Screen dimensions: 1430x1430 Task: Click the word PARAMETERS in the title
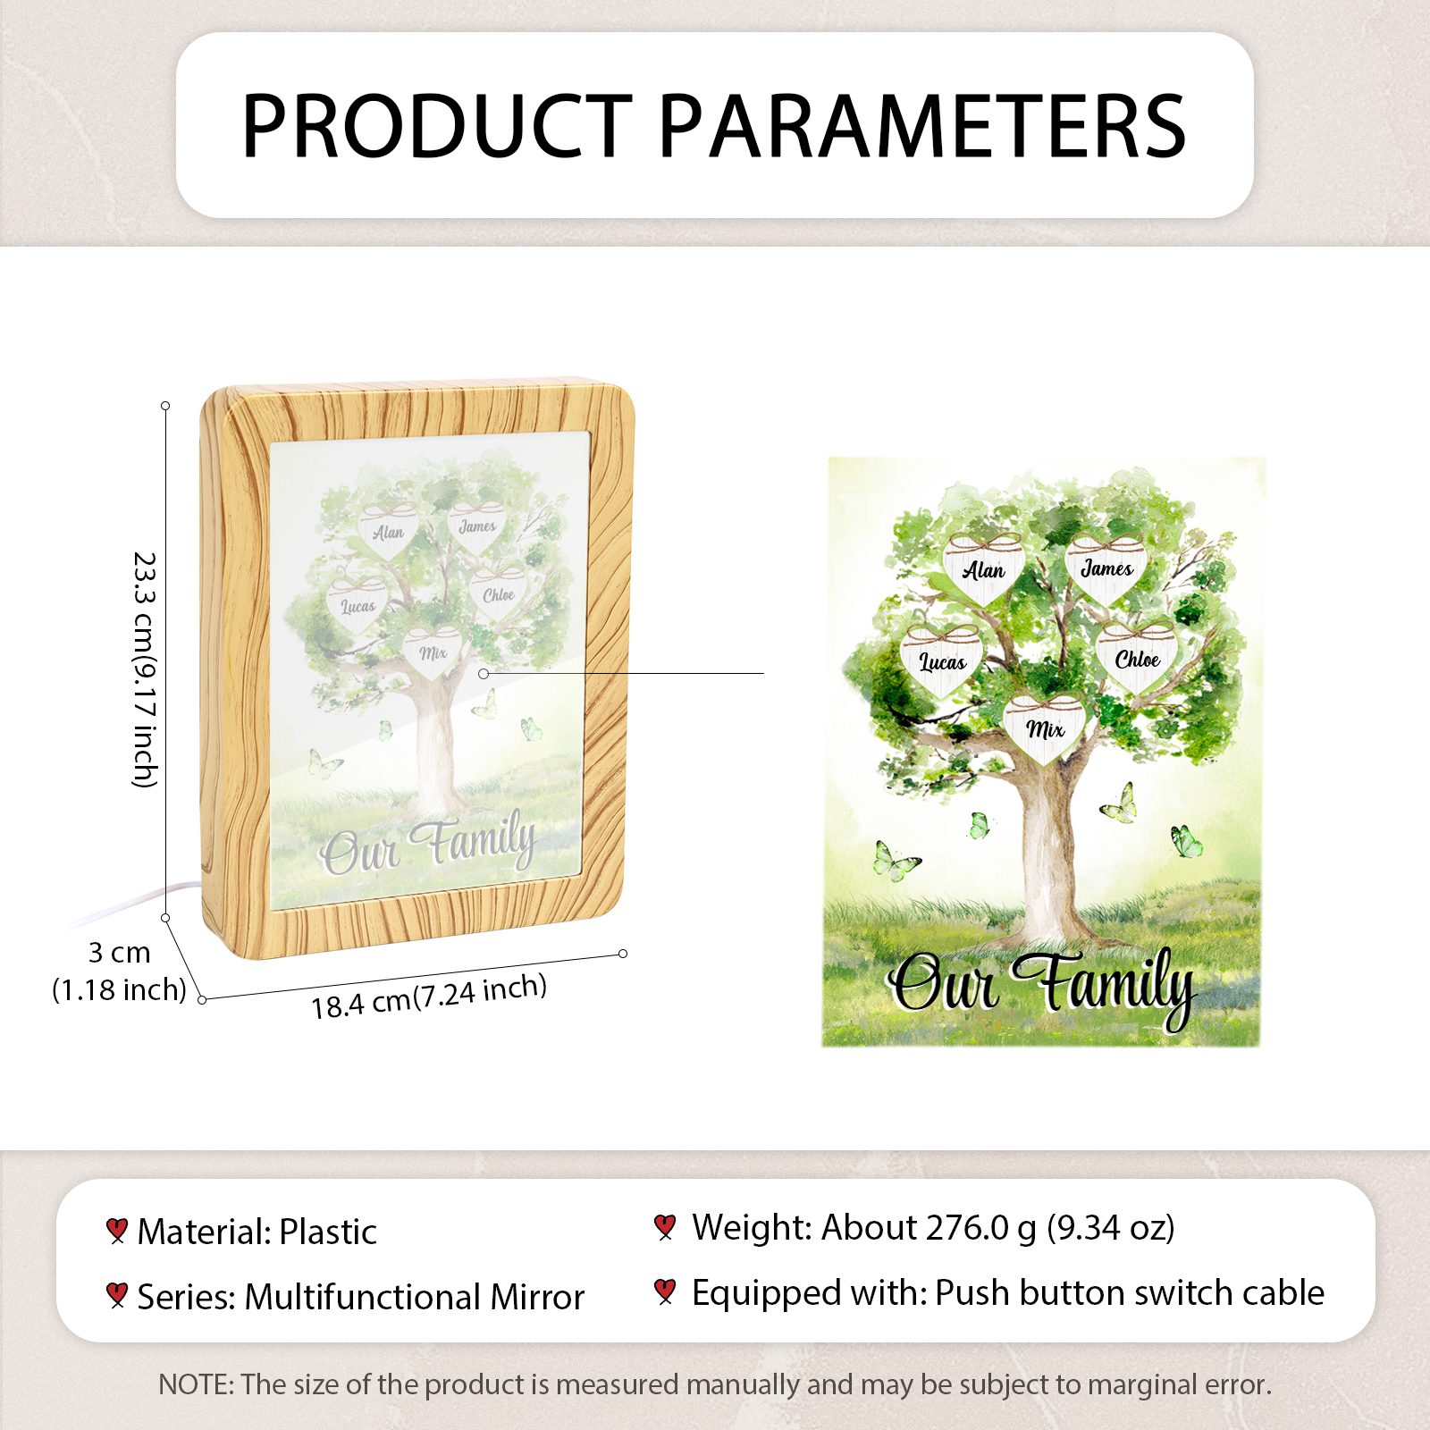point(922,126)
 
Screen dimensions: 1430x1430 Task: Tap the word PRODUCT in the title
point(438,126)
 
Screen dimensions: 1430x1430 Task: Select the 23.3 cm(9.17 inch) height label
point(144,669)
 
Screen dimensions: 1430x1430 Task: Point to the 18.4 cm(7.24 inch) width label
point(429,997)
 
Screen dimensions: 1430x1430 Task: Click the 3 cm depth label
point(119,953)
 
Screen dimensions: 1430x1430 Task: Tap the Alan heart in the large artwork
point(983,568)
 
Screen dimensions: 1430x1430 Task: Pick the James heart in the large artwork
point(1106,567)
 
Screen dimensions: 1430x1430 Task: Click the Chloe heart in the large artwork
point(1137,658)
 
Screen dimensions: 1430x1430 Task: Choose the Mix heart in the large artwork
point(1045,728)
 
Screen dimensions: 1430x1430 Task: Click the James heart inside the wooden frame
point(477,526)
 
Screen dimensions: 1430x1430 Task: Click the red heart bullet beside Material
point(116,1231)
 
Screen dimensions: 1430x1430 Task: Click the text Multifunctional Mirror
point(415,1297)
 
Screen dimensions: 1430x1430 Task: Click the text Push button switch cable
point(1130,1293)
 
